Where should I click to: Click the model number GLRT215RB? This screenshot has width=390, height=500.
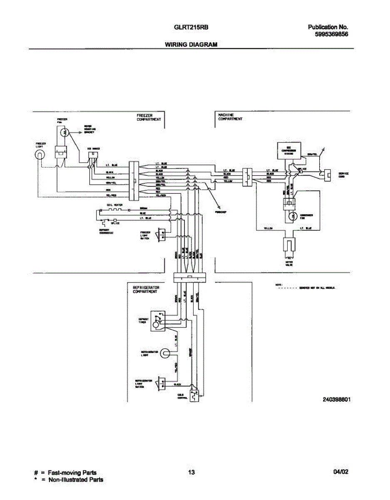coord(191,27)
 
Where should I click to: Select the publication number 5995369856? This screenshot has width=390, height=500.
coord(332,35)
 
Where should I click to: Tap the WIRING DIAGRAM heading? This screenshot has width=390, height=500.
coord(191,44)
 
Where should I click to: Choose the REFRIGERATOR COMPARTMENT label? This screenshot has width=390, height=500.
coord(146,290)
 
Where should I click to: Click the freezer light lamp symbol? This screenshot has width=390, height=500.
coord(40,156)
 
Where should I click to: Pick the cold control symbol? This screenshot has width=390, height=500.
coord(194,393)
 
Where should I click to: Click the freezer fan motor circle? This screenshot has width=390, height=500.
coord(64,133)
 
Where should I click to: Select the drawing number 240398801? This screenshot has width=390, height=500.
coord(336,399)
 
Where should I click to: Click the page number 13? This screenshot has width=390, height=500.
coord(191,472)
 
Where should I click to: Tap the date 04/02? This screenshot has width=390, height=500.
coord(340,472)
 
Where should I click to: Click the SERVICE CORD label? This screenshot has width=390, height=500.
coord(343,175)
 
